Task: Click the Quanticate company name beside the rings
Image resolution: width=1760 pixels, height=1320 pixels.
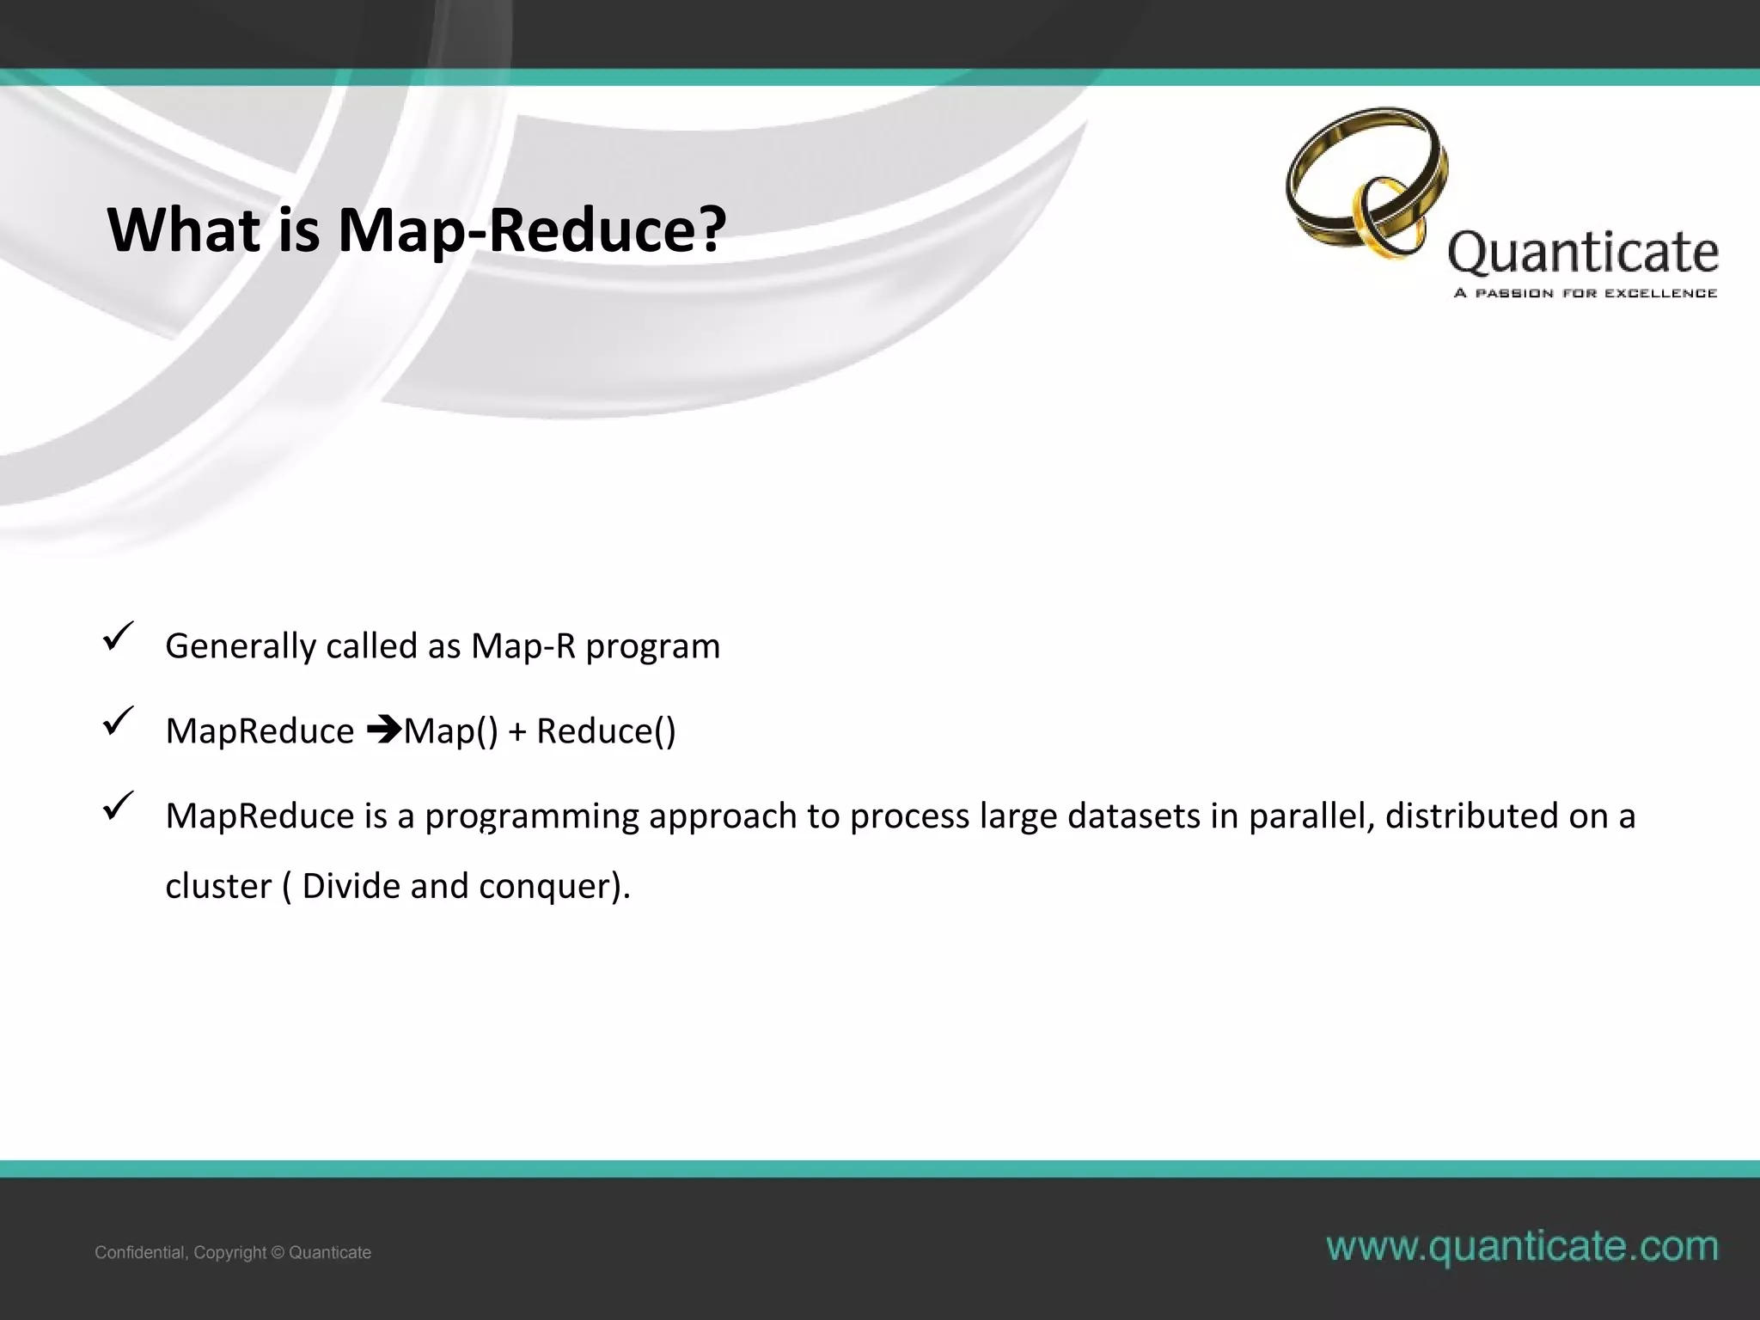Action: pos(1583,253)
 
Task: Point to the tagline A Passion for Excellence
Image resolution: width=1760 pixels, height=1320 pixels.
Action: pos(1585,293)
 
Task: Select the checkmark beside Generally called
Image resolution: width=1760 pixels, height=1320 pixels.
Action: pos(117,638)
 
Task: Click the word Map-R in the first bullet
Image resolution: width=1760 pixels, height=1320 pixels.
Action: pos(522,646)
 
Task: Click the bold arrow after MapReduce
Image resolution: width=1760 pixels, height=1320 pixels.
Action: pos(384,730)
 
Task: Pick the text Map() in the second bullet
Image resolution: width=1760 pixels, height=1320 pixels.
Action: pos(451,731)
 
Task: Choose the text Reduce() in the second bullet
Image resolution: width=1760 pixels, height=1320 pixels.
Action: pos(606,731)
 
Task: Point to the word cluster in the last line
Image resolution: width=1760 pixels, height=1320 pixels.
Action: pos(218,886)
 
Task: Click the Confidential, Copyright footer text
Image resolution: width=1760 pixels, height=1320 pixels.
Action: pos(233,1252)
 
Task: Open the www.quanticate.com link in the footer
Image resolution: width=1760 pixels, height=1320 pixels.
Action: pos(1522,1246)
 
